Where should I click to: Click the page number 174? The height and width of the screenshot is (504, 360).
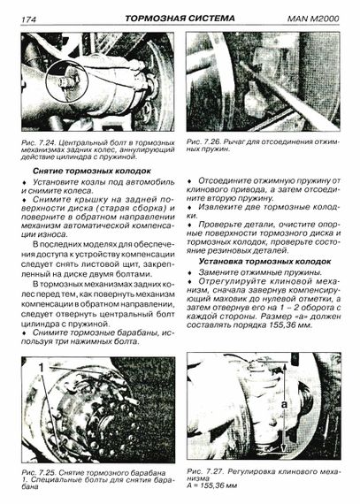pos(29,19)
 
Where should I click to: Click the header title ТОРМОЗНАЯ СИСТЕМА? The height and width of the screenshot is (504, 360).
pos(180,19)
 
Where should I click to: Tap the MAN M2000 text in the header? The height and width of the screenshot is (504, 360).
pos(313,19)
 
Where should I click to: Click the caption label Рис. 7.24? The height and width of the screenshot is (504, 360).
pos(39,142)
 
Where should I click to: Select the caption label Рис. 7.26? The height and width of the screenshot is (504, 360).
pos(203,141)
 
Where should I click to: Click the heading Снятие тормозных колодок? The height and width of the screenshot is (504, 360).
pos(92,171)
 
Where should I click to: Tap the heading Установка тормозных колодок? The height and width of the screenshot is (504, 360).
pos(264,262)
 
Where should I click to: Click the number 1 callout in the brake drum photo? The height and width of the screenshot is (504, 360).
pos(42,368)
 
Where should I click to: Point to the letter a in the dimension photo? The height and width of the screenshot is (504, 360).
pos(284,404)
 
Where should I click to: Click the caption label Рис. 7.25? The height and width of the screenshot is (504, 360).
pos(39,473)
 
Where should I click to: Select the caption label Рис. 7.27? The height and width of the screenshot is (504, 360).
pos(204,471)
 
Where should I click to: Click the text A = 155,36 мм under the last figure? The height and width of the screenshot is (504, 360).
pos(211,485)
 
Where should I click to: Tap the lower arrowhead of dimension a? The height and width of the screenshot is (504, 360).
pos(284,447)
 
